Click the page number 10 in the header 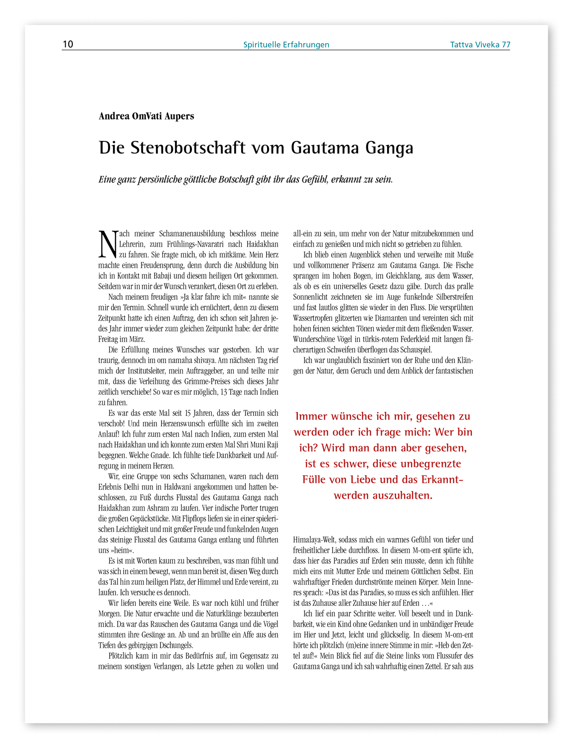click(68, 44)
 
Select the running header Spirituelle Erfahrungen click(286, 45)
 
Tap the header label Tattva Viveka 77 click(480, 45)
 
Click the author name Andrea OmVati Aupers click(146, 116)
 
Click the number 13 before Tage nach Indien click(223, 392)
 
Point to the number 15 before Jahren click(188, 413)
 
